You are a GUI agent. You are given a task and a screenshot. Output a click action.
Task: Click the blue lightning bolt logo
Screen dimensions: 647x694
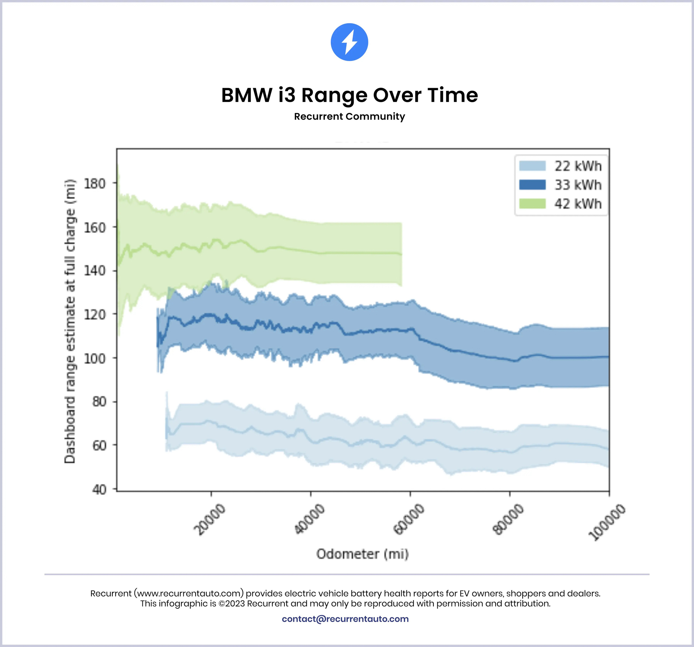click(349, 42)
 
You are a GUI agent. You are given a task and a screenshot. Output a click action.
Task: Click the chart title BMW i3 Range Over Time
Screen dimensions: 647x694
click(349, 95)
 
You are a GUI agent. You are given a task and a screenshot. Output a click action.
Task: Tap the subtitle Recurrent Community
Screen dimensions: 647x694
click(349, 116)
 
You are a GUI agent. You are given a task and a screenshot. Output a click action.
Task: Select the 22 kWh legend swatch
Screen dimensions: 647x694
click(532, 166)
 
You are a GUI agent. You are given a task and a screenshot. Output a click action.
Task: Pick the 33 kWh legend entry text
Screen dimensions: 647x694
click(578, 185)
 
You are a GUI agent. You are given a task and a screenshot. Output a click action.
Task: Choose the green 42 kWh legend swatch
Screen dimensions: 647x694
click(532, 204)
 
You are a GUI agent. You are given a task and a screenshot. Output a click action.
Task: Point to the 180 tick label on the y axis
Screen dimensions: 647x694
click(95, 184)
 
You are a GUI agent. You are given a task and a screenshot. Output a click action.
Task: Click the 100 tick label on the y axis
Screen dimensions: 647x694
click(95, 359)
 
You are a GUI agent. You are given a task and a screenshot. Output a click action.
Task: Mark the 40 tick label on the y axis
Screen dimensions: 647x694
click(99, 489)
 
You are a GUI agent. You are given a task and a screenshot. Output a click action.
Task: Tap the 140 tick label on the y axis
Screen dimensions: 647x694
click(95, 271)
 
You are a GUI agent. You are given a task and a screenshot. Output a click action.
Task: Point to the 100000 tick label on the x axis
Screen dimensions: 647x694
click(607, 522)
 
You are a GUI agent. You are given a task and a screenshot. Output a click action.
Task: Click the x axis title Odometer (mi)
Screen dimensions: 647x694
click(363, 554)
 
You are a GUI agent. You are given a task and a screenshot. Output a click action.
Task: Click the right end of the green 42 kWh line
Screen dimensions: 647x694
click(401, 254)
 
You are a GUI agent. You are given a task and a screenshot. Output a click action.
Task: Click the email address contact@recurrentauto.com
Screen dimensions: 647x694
click(345, 619)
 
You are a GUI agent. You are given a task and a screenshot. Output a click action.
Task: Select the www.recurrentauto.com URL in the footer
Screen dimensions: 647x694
click(189, 593)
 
